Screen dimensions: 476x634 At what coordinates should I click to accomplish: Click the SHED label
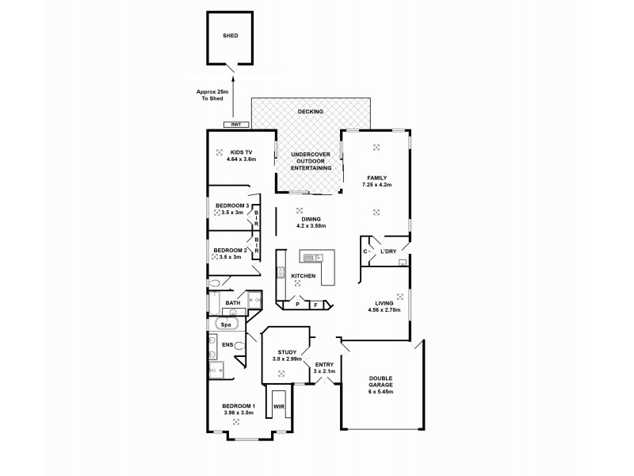coord(230,36)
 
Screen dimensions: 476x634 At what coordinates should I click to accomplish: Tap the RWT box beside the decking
coord(236,125)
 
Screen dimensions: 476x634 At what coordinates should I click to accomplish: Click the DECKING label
coord(310,112)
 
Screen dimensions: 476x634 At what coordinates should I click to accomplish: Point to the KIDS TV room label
coord(241,152)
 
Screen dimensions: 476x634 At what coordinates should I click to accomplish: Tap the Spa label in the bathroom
coord(225,324)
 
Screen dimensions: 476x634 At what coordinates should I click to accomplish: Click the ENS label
coord(227,345)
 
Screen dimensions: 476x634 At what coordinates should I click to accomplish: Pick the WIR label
coord(277,406)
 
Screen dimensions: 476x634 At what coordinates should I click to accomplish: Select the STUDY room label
coord(286,352)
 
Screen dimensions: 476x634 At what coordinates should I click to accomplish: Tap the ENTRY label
coord(325,366)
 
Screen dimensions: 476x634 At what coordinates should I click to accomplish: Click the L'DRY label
coord(388,251)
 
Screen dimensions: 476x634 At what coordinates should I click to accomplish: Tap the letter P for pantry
coord(297,304)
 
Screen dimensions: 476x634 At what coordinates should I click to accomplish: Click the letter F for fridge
coord(315,304)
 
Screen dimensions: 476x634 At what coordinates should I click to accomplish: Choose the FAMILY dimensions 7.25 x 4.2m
coord(376,184)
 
